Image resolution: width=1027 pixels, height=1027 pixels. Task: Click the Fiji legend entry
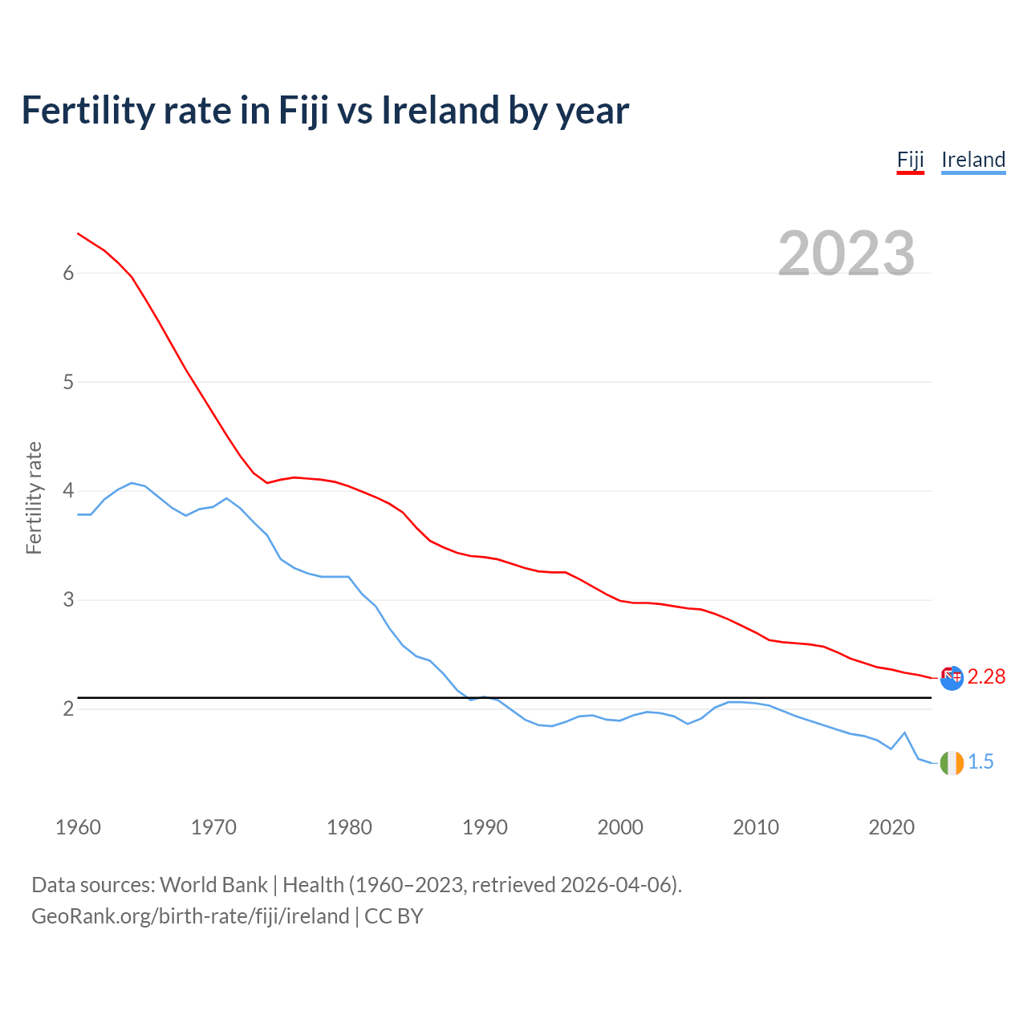tap(910, 160)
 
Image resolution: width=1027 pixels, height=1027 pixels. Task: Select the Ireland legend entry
tap(972, 160)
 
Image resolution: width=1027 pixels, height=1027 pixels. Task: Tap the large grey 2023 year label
tap(846, 254)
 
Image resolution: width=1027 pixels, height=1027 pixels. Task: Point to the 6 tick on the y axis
tap(68, 274)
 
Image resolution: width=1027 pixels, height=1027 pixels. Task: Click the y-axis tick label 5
tap(68, 382)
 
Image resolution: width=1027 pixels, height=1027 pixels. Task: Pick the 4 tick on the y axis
tap(68, 490)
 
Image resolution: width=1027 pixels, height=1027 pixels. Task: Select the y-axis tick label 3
tap(68, 599)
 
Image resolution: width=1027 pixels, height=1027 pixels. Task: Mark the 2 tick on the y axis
tap(68, 708)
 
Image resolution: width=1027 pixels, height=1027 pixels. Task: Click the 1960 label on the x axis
tap(78, 827)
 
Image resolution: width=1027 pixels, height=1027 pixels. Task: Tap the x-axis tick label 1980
tap(349, 827)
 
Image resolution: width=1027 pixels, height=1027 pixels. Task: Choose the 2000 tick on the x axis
tap(620, 827)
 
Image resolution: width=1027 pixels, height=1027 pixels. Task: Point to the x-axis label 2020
tap(891, 827)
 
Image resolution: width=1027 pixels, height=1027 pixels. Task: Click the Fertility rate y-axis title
tap(34, 497)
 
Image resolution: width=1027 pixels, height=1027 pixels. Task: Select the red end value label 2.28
tap(986, 677)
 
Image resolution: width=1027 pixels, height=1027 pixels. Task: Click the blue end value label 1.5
tap(980, 762)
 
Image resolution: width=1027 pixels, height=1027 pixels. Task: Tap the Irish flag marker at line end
tap(952, 763)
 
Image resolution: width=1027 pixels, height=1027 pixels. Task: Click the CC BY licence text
tap(394, 916)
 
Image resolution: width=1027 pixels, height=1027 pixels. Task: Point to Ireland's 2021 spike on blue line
tap(904, 733)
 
